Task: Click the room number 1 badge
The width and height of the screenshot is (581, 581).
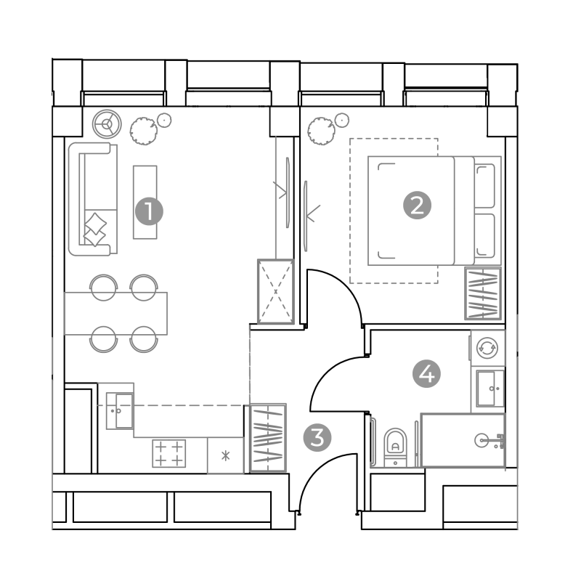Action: click(149, 211)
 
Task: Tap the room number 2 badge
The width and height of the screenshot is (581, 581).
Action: click(417, 205)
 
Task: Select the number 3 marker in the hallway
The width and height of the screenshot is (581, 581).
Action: click(317, 438)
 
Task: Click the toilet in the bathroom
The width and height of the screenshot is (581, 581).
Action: click(395, 447)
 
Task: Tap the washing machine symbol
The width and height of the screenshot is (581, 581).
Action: click(487, 348)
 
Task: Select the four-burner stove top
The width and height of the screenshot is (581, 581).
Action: click(169, 453)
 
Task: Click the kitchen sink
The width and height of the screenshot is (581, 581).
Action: click(120, 411)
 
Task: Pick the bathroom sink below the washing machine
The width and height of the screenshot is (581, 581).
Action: click(490, 389)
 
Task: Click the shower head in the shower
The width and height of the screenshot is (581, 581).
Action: click(489, 441)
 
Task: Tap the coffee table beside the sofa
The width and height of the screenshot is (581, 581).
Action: click(145, 202)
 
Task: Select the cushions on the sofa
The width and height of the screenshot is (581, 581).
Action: click(95, 229)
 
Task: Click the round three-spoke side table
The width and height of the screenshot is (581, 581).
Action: click(107, 123)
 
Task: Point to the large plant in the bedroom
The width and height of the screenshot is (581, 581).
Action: click(322, 131)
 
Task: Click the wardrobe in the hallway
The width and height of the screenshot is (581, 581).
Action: click(268, 438)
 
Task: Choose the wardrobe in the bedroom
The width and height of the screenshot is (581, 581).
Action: click(483, 293)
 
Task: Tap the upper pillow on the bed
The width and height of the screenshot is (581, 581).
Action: click(485, 186)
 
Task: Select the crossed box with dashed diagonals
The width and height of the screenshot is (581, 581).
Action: click(275, 292)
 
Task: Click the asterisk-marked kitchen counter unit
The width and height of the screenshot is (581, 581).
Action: click(225, 455)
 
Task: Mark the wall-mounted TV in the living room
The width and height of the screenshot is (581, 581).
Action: click(288, 192)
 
